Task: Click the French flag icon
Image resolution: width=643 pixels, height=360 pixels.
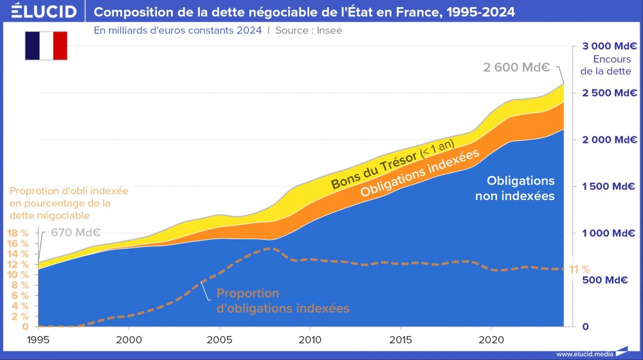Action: pyautogui.click(x=46, y=45)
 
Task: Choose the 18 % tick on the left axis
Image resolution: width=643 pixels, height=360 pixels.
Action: pyautogui.click(x=17, y=233)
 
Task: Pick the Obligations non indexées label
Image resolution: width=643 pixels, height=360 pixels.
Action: pyautogui.click(x=514, y=188)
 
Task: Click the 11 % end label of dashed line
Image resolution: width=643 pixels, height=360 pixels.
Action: pyautogui.click(x=579, y=269)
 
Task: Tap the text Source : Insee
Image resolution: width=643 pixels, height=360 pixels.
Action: pyautogui.click(x=309, y=30)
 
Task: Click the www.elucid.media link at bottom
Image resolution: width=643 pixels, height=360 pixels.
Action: pyautogui.click(x=584, y=354)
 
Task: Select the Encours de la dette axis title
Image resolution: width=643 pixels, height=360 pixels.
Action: pyautogui.click(x=606, y=66)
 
